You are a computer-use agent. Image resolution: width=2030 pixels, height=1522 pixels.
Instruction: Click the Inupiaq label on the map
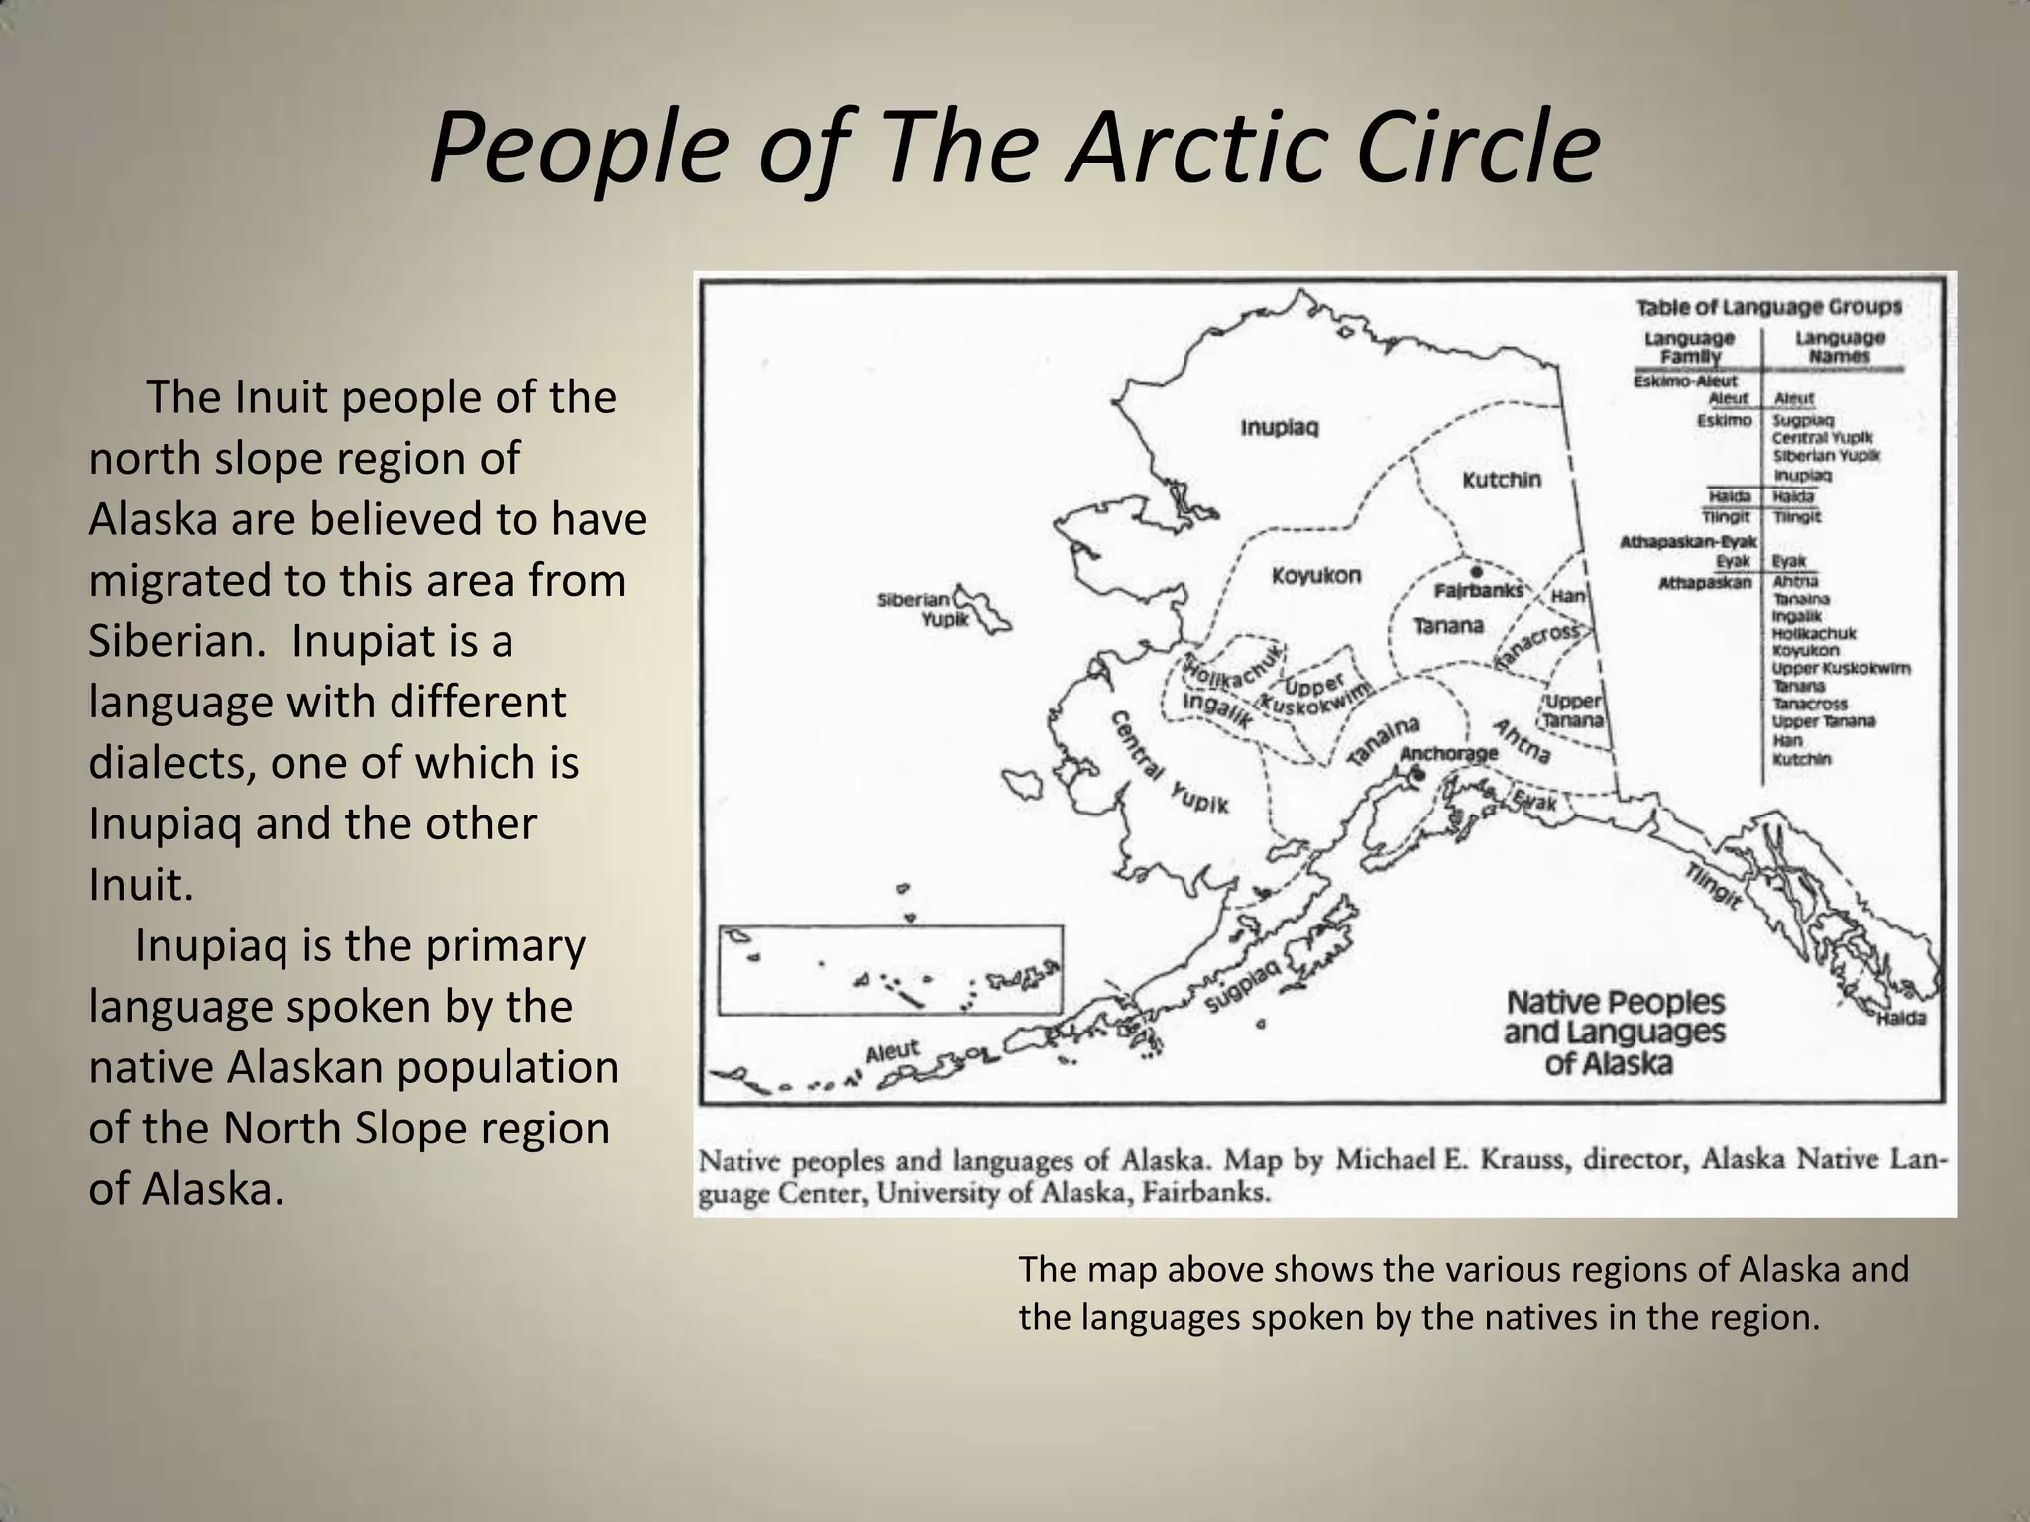(1280, 428)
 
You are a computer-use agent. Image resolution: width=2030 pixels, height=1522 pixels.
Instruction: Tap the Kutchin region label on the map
(1502, 480)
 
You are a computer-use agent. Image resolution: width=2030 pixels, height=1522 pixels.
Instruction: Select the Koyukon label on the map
(1316, 576)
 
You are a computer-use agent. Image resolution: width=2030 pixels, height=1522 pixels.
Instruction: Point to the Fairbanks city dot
(1477, 572)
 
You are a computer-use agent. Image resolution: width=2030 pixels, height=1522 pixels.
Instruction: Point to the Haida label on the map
(1901, 1019)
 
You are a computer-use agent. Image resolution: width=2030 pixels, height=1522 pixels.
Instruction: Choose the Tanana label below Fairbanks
(1448, 626)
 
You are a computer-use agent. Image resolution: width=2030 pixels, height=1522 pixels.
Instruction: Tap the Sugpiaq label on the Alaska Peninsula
(1244, 985)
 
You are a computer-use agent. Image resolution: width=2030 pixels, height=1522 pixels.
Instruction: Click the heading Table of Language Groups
(1768, 307)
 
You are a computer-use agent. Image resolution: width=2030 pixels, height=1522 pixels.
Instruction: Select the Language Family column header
(1689, 347)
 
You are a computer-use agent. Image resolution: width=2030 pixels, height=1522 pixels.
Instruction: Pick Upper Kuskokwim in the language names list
(1841, 668)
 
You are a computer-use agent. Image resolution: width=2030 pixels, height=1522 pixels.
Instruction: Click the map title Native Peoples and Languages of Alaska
(1615, 1033)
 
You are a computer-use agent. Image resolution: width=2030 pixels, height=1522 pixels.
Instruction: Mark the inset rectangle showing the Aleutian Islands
(889, 970)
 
